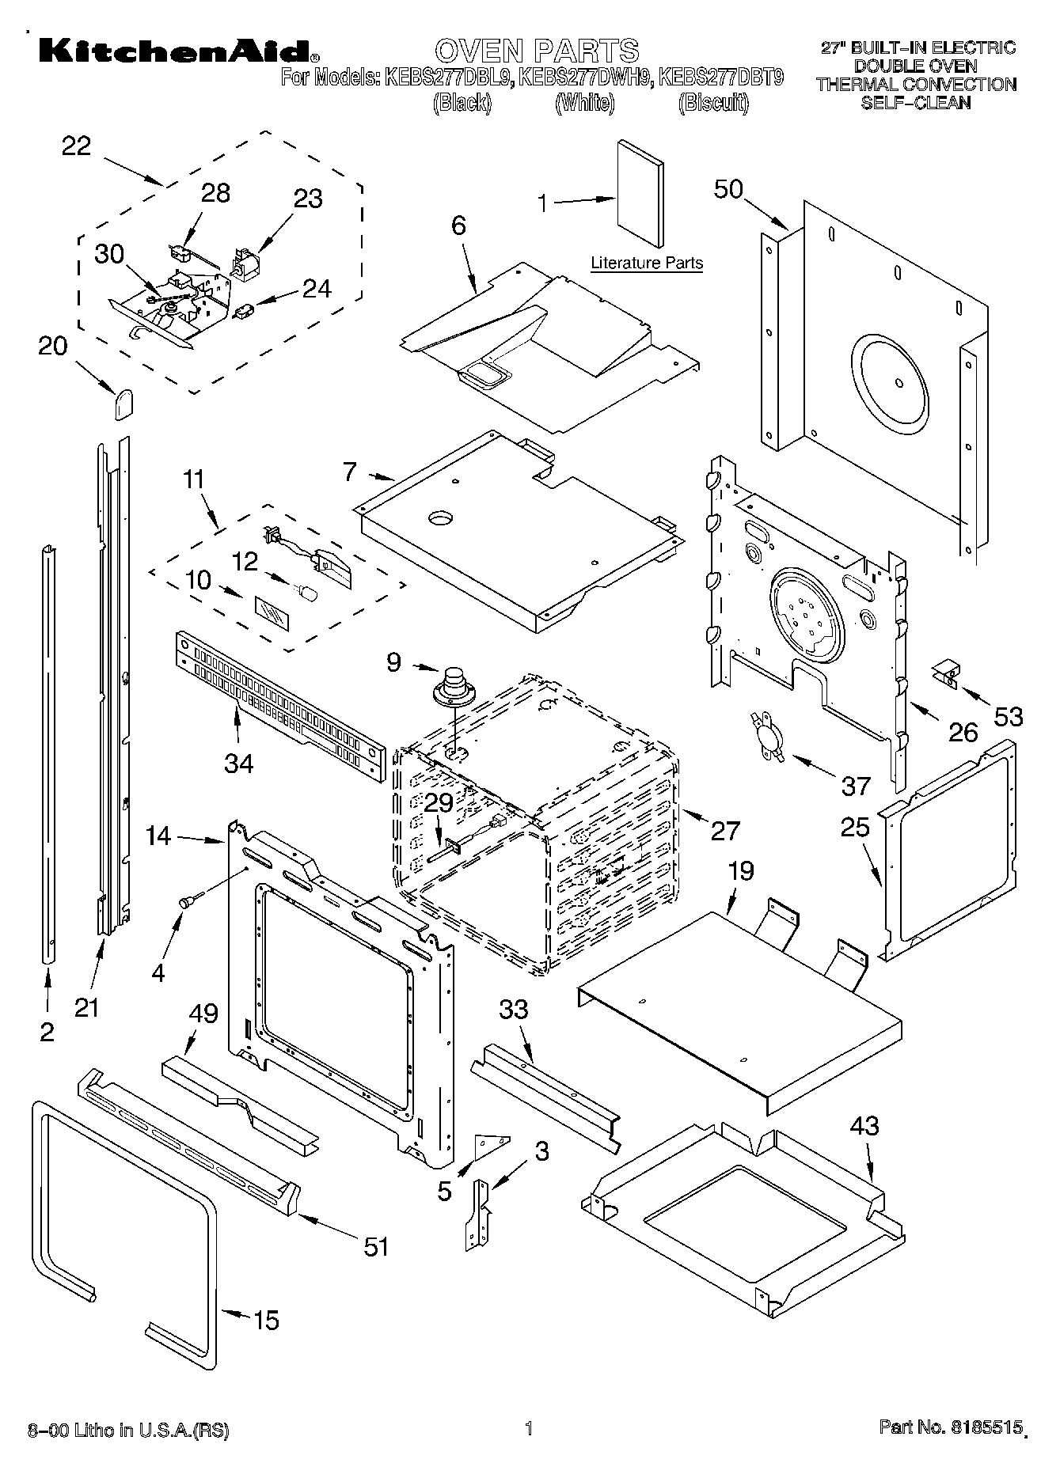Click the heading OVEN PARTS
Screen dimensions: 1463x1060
click(537, 51)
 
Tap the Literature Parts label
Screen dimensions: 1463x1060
click(647, 263)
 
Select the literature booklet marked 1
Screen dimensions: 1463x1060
click(640, 195)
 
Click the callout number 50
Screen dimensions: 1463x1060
click(730, 189)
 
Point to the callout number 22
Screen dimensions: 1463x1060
click(77, 146)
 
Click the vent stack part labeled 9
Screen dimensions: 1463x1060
click(454, 687)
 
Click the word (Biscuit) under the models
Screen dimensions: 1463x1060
click(712, 103)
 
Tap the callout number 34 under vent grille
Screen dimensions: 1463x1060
click(238, 763)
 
